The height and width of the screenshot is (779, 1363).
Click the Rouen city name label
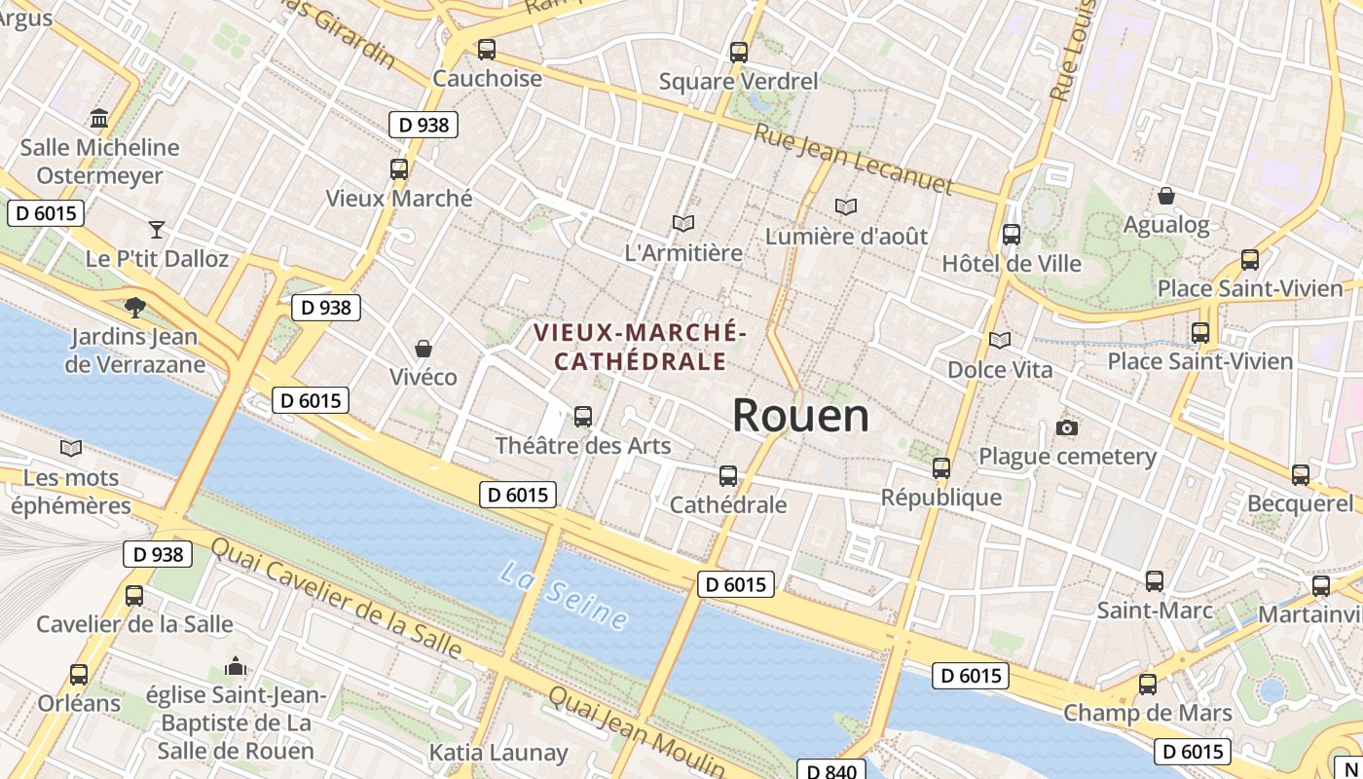800,416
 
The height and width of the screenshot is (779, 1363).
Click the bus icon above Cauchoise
486,49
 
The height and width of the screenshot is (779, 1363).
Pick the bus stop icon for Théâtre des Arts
583,417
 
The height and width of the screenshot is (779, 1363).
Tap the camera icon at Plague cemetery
1067,427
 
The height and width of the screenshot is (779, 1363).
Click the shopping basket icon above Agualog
1165,196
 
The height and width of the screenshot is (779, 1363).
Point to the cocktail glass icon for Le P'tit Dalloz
157,230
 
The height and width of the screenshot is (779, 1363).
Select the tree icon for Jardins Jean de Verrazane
134,308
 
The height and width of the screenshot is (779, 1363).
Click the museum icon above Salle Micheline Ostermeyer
99,119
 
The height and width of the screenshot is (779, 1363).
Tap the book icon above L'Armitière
683,224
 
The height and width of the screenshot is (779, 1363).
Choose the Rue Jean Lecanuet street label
853,159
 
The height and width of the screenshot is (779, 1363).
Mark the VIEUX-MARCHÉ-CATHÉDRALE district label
640,347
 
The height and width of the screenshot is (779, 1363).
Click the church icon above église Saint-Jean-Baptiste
235,667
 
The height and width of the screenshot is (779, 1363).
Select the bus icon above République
940,467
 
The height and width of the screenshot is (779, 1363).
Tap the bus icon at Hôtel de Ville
1012,235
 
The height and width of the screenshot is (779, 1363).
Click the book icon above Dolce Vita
1000,341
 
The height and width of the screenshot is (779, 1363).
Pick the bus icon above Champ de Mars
1148,684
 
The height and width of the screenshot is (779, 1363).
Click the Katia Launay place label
498,753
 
